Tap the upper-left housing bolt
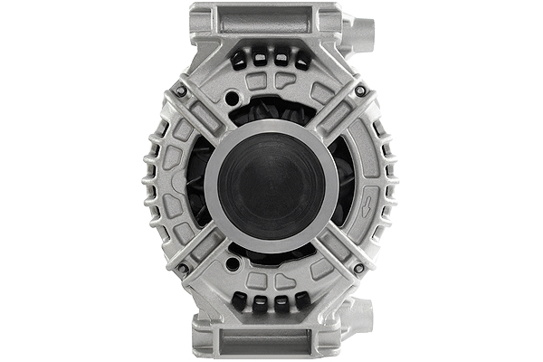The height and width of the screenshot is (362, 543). click(181, 90)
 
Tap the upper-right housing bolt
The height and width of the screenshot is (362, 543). click(360, 90)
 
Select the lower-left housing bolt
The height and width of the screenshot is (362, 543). click(181, 269)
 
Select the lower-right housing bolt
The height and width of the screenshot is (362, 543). click(360, 269)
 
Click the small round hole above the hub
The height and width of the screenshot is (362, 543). click(232, 98)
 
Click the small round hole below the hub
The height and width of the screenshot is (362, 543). click(232, 263)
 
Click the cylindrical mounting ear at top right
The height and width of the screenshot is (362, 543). click(360, 34)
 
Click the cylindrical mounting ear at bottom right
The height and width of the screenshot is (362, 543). click(360, 319)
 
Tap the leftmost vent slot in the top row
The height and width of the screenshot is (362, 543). click(240, 60)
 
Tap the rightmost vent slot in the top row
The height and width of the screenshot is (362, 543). click(301, 60)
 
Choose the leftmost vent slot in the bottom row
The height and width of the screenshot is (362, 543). click(240, 301)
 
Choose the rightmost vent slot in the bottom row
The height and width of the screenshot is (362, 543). click(301, 301)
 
